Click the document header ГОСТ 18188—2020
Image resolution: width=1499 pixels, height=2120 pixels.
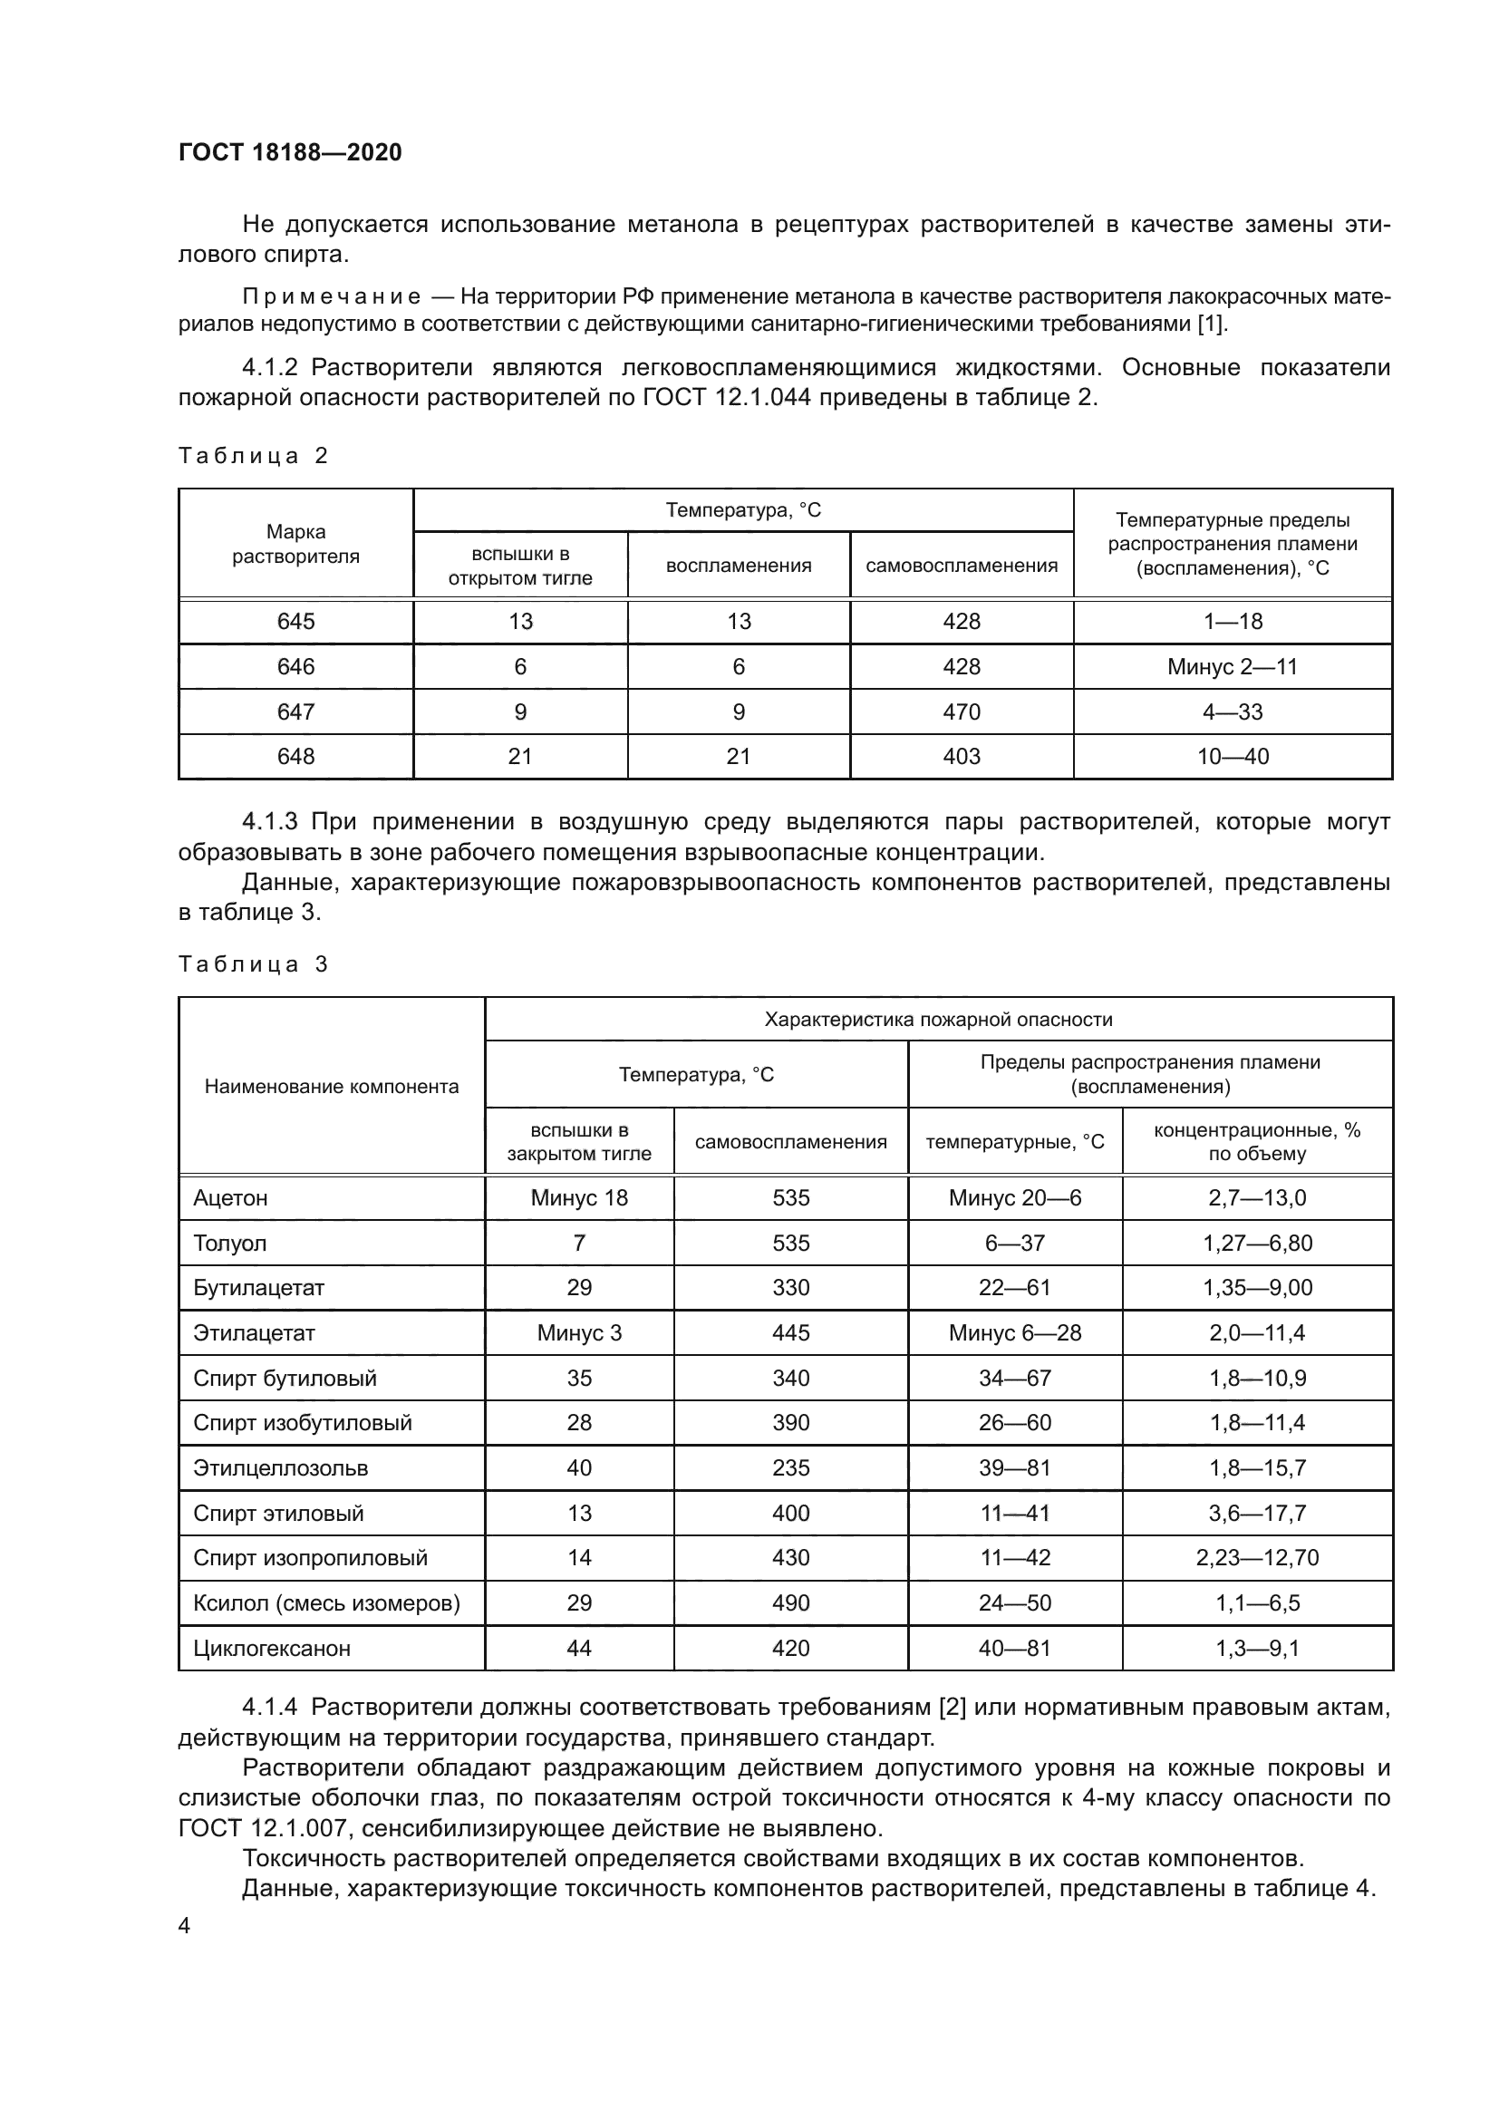pos(290,152)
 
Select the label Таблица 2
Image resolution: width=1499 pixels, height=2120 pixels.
pos(253,456)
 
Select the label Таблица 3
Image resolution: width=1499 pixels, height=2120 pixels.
pos(253,964)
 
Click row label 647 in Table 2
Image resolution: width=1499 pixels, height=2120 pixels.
pos(295,712)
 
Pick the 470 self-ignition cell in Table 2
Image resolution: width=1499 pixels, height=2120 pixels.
pos(961,712)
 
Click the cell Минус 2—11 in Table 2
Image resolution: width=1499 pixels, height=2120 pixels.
pos(1233,667)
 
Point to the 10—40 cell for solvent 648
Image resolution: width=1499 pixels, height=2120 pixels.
pos(1233,756)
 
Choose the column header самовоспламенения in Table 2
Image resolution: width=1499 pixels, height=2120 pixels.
pos(961,565)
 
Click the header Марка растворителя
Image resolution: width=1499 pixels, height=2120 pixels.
pos(295,544)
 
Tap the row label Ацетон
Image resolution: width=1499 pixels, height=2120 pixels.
pos(231,1197)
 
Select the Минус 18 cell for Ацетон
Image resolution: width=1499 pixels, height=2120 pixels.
pos(579,1197)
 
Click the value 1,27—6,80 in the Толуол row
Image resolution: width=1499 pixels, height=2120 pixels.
pos(1257,1243)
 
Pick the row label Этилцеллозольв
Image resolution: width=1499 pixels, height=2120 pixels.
pos(281,1468)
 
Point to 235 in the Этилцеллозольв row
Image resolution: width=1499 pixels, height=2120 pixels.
pos(791,1468)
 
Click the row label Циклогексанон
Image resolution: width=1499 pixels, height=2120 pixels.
pos(272,1648)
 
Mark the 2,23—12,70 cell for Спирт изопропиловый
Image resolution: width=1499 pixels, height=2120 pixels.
pos(1257,1558)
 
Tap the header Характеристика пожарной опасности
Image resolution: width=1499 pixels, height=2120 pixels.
pos(938,1020)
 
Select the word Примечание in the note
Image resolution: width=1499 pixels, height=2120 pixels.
pos(332,296)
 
